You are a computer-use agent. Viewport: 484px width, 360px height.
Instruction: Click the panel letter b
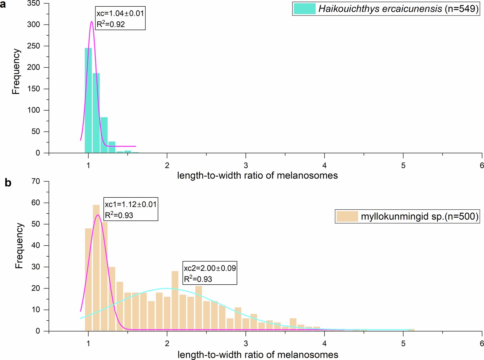(8, 183)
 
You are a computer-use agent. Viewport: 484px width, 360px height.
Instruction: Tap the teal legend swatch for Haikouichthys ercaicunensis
(304, 9)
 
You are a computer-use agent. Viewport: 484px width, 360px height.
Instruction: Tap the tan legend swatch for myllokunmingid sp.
(347, 217)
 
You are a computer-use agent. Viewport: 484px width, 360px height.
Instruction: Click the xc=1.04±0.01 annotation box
(120, 19)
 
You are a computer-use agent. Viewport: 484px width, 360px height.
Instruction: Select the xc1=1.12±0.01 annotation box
(130, 209)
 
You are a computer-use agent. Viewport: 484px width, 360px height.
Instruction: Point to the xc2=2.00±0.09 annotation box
(210, 273)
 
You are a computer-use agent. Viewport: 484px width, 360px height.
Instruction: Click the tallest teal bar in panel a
(88, 101)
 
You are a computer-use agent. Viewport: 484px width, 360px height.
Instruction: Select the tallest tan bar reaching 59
(96, 268)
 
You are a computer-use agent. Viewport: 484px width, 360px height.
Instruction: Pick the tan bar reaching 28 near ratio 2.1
(175, 301)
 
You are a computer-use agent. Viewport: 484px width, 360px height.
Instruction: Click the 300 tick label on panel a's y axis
(33, 25)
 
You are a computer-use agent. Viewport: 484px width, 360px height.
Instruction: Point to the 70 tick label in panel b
(36, 181)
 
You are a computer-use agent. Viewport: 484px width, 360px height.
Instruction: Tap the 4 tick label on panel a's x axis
(324, 165)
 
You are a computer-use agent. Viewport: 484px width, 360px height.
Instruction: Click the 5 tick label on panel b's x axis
(403, 344)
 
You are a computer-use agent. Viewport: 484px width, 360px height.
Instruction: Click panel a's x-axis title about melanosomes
(257, 175)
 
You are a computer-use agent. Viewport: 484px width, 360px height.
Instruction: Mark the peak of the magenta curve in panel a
(91, 22)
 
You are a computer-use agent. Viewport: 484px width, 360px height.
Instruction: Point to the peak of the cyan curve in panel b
(166, 288)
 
